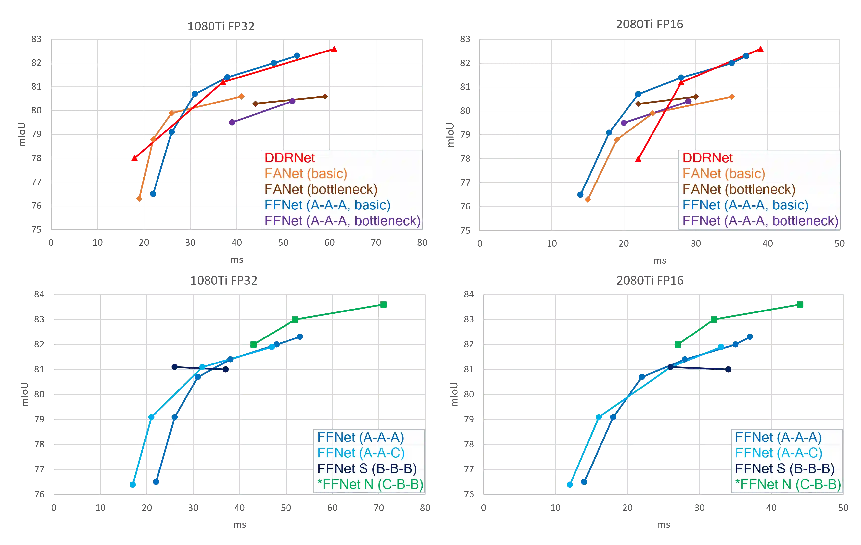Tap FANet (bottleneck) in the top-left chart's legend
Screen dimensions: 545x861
point(321,189)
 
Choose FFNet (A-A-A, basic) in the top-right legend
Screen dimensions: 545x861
point(745,205)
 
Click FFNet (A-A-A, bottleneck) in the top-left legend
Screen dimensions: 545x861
point(342,221)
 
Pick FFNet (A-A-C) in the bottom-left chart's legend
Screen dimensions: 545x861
point(361,453)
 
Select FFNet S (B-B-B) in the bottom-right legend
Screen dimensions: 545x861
point(784,468)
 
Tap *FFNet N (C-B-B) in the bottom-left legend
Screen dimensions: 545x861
point(370,484)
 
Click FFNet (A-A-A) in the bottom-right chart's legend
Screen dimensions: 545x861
point(778,437)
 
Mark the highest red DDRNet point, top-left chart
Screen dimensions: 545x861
point(334,49)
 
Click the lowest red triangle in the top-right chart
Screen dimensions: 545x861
point(638,159)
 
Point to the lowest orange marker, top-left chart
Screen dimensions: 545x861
point(139,199)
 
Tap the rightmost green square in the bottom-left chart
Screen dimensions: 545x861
point(384,305)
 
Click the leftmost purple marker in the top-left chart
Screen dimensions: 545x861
point(232,122)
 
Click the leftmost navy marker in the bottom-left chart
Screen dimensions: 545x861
point(175,366)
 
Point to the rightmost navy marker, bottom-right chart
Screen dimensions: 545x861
point(728,369)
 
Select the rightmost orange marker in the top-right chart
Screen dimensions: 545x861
point(732,97)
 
